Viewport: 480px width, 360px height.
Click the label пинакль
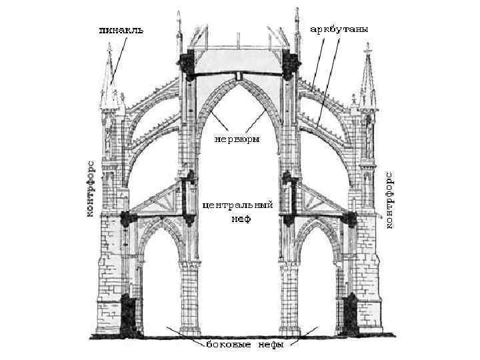pos(121,30)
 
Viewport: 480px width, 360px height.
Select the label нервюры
pos(237,139)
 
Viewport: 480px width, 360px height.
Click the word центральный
pos(237,206)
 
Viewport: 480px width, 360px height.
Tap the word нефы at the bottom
pos(267,345)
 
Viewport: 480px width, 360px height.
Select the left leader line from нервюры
pos(217,123)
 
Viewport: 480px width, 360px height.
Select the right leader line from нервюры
pos(256,123)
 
